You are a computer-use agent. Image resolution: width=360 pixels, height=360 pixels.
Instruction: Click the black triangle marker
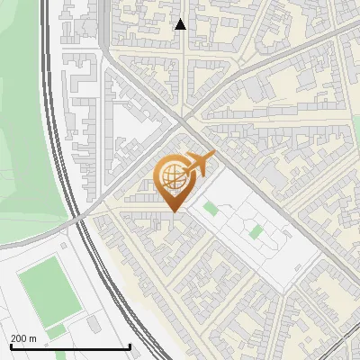coord(180,24)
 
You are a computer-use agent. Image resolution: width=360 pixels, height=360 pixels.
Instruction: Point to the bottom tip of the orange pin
coord(172,211)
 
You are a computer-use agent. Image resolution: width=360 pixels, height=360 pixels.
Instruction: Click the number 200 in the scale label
coord(19,339)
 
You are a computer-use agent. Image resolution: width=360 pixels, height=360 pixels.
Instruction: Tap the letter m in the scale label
coord(33,339)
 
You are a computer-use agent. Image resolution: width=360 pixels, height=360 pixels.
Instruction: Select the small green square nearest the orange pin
coord(211,209)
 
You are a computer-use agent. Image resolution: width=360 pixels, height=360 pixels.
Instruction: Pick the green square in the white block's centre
coord(256,231)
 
